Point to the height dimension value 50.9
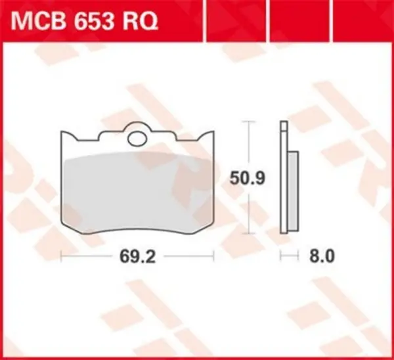pyautogui.click(x=247, y=177)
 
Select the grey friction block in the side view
pyautogui.click(x=293, y=190)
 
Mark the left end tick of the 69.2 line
pyautogui.click(x=60, y=255)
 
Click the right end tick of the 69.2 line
pyautogui.click(x=214, y=255)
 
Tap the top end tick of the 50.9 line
pyautogui.click(x=247, y=122)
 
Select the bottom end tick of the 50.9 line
pyautogui.click(x=247, y=233)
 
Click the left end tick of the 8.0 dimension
pyautogui.click(x=281, y=255)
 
